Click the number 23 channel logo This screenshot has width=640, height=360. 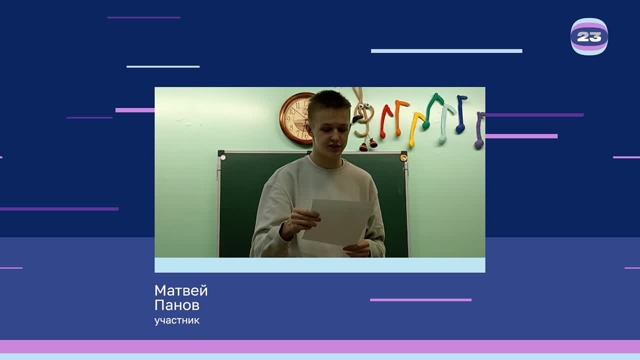tap(589, 36)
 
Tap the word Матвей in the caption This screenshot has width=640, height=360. tap(180, 290)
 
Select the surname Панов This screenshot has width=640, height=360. tap(176, 305)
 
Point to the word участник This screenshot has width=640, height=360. tap(176, 320)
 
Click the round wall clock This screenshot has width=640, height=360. tap(296, 118)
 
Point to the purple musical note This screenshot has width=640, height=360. tap(479, 130)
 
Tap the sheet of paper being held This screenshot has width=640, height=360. tap(337, 222)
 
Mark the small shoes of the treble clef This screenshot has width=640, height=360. tap(368, 145)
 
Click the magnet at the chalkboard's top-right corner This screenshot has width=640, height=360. tap(403, 158)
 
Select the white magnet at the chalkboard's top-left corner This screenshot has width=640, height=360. tap(223, 157)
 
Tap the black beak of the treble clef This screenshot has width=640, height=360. tap(357, 119)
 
